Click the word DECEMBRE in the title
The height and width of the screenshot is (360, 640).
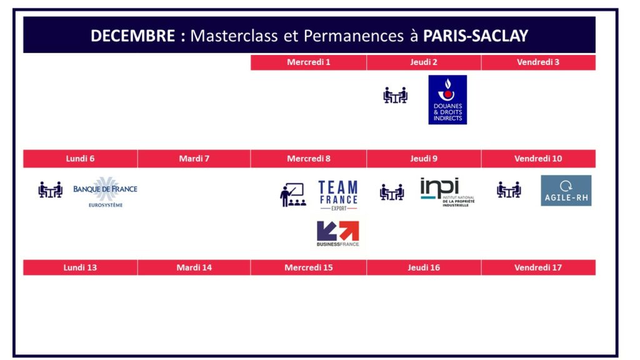click(132, 36)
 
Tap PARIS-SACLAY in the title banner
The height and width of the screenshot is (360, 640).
click(476, 36)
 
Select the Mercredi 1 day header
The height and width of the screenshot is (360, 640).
click(309, 62)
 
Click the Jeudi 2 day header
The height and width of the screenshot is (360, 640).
click(424, 62)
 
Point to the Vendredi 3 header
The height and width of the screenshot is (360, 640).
click(538, 62)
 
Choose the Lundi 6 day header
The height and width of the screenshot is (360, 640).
click(80, 159)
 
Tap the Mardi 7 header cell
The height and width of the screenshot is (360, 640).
click(194, 159)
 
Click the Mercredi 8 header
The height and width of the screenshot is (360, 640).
click(309, 159)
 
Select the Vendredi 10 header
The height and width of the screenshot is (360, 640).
click(538, 159)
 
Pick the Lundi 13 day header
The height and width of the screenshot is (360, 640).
click(80, 267)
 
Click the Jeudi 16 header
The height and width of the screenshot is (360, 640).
click(424, 267)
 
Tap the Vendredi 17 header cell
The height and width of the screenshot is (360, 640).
click(538, 267)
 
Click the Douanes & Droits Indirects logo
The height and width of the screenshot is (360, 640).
click(447, 99)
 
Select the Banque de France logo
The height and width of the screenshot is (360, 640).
click(105, 192)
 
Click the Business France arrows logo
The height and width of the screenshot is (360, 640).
click(338, 234)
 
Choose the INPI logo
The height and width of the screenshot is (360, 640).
click(447, 192)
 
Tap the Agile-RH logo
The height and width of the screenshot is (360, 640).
click(566, 191)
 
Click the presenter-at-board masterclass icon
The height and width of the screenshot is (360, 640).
click(292, 195)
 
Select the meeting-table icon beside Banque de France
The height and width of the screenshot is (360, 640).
click(51, 190)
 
